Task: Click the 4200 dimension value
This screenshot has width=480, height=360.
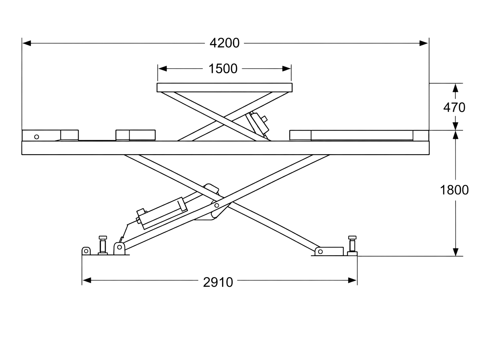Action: tap(224, 43)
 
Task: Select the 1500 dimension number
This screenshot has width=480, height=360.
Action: tap(223, 68)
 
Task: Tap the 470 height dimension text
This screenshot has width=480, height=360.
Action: tap(454, 107)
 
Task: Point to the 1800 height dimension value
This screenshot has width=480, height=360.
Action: tap(454, 190)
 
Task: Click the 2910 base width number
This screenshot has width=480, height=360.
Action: tap(218, 282)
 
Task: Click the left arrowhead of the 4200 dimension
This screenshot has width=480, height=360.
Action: tap(27, 43)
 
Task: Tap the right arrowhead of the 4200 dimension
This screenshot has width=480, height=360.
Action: tap(423, 43)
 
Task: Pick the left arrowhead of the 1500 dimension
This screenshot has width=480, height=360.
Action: tap(162, 69)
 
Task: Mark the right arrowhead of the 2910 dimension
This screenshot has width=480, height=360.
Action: tap(352, 280)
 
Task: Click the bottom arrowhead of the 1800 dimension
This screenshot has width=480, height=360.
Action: tap(455, 252)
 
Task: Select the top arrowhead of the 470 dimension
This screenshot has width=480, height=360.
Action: tap(455, 88)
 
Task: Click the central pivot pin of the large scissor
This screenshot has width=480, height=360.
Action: tap(217, 205)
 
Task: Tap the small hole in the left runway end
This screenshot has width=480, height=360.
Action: tap(37, 137)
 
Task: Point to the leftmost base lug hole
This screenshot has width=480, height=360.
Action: tap(86, 251)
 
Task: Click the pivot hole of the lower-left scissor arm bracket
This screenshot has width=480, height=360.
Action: tap(119, 247)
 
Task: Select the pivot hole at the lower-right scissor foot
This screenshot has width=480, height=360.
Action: tap(320, 252)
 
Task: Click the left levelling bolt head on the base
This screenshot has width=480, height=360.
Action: tap(103, 237)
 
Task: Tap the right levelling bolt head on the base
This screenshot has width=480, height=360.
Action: tap(352, 237)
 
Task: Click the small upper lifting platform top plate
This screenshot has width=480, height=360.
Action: tap(224, 88)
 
